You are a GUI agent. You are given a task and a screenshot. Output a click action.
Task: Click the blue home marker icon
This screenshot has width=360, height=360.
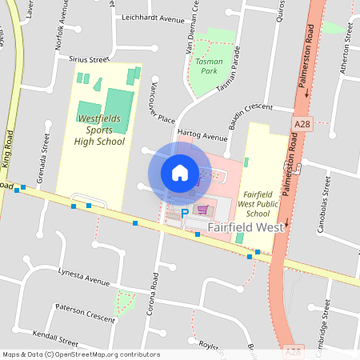pyautogui.click(x=180, y=172)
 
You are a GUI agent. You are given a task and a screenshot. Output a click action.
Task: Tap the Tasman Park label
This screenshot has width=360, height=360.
pyautogui.click(x=208, y=66)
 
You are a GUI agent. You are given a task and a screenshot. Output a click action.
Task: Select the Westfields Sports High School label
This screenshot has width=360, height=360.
pyautogui.click(x=100, y=130)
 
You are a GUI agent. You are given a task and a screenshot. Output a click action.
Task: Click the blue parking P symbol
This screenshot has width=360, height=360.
pyautogui.click(x=185, y=214)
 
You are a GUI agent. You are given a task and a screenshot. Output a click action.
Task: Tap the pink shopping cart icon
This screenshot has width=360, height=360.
pyautogui.click(x=203, y=210)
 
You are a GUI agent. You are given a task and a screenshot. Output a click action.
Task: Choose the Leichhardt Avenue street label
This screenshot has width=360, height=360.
pyautogui.click(x=154, y=17)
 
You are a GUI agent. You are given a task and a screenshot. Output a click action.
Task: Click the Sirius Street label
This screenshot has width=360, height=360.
pyautogui.click(x=88, y=59)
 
